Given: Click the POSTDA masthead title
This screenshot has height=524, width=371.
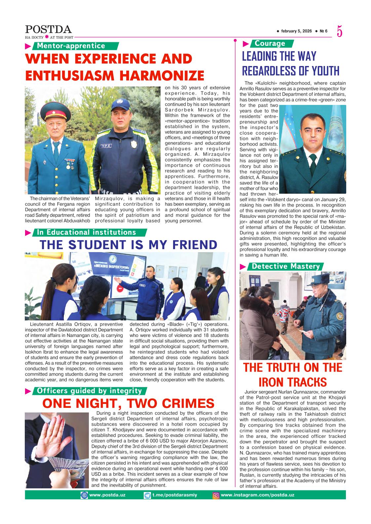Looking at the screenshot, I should [x=48, y=30].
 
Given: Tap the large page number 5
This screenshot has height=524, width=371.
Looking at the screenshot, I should [x=340, y=32].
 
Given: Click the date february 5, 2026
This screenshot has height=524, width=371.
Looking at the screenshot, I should [x=296, y=31].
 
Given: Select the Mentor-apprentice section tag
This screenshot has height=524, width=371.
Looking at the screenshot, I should [x=71, y=46].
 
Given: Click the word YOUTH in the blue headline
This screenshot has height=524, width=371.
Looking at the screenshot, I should [x=322, y=71].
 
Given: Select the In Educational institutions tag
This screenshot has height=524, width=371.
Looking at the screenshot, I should [x=87, y=232].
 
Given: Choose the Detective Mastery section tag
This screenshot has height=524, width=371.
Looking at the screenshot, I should [x=286, y=266].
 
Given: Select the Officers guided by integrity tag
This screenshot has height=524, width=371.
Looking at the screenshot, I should [x=89, y=391].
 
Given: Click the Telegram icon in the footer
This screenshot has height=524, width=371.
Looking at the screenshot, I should [x=148, y=495].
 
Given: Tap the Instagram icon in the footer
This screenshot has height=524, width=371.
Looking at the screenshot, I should [x=216, y=495].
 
